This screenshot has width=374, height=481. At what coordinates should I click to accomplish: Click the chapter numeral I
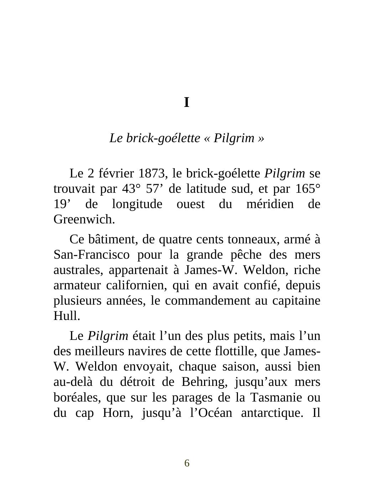click(x=187, y=103)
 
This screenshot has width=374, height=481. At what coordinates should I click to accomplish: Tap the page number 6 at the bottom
click(x=187, y=463)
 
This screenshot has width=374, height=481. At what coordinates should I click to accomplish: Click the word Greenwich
click(x=84, y=219)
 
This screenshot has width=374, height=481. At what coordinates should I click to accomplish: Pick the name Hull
click(x=67, y=316)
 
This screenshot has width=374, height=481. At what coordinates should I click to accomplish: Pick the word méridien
click(x=270, y=204)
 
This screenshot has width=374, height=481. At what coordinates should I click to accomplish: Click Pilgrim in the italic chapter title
click(x=234, y=138)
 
